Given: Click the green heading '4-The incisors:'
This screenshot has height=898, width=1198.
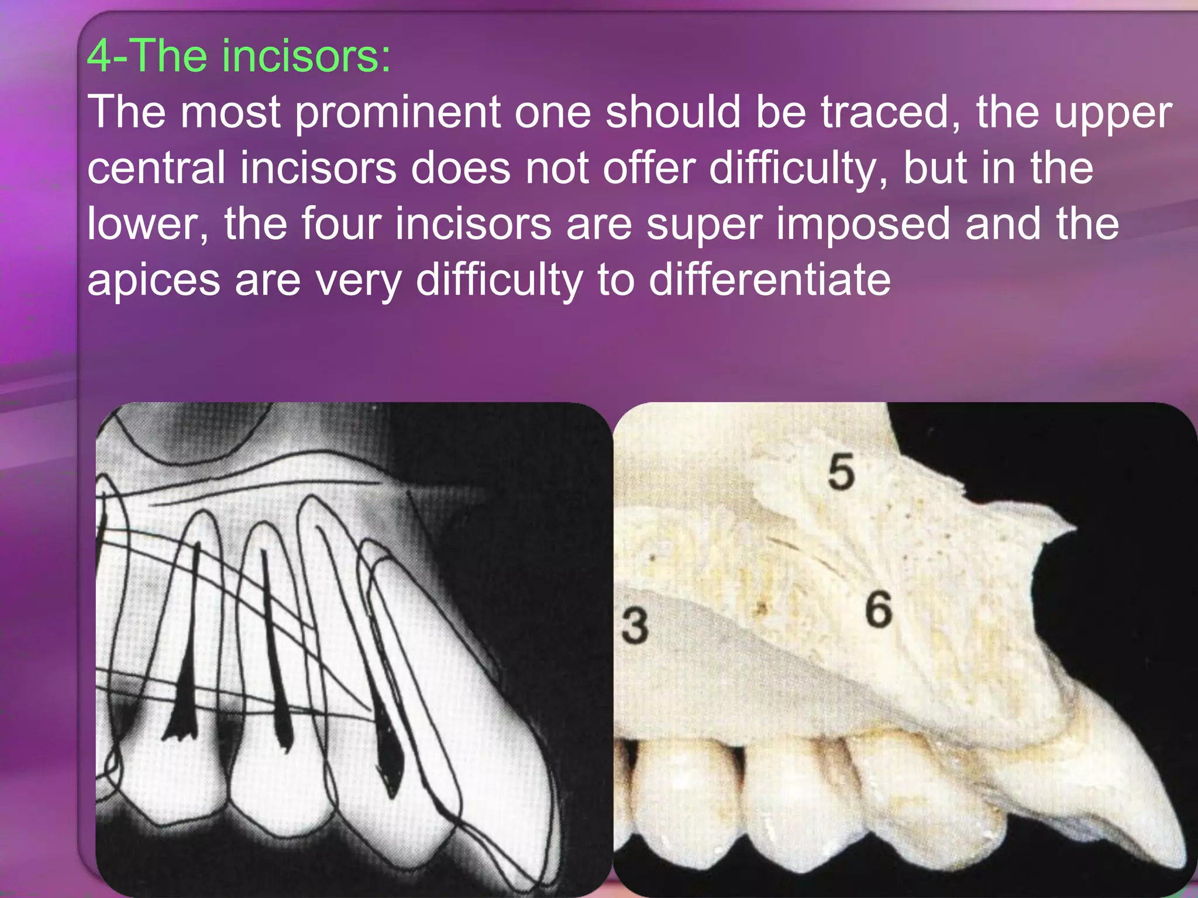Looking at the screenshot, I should [x=239, y=56].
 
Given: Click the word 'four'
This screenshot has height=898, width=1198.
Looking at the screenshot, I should [x=341, y=224].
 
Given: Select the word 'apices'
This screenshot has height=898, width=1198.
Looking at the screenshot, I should [x=154, y=281].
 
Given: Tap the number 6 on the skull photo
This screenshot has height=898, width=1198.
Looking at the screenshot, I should [x=879, y=609].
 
